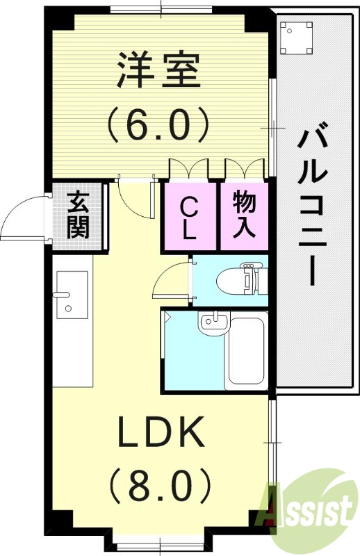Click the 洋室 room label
coord(158,71)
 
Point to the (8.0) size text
coord(161,485)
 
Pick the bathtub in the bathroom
coord(247,351)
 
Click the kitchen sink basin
coord(72,295)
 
